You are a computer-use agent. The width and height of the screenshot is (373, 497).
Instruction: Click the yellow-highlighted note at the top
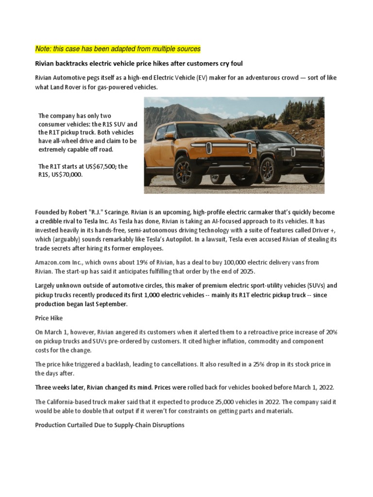[118, 49]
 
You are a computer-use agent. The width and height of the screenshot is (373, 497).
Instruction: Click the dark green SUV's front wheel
[268, 170]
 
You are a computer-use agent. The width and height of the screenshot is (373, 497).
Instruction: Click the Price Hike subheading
[49, 318]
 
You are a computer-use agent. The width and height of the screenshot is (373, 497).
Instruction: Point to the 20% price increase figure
[331, 332]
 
